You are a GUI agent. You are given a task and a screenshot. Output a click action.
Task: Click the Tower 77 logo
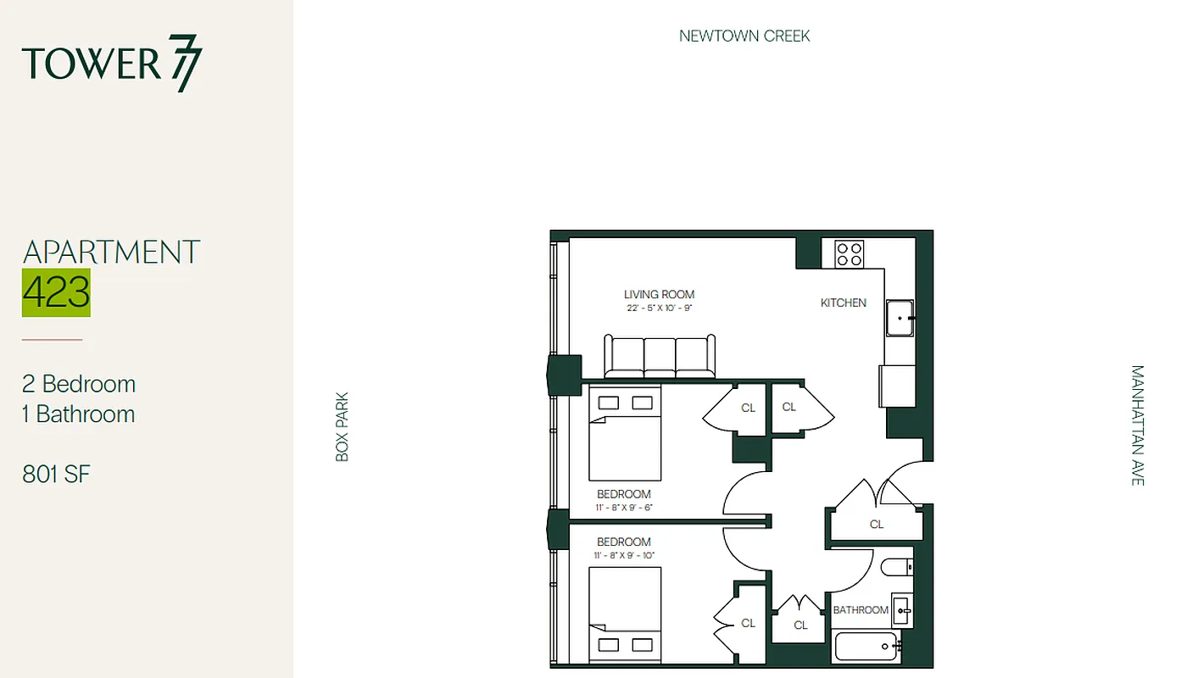[x=112, y=64]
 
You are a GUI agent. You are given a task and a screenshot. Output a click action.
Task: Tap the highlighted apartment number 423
[x=56, y=292]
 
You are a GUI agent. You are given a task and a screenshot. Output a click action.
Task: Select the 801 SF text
[x=56, y=475]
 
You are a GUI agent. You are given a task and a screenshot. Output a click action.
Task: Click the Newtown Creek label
[x=744, y=36]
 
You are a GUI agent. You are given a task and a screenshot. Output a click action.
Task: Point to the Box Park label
[x=343, y=426]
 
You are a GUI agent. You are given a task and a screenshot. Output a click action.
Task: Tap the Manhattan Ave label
[x=1137, y=425]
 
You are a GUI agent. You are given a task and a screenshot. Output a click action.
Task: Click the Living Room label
[x=659, y=295]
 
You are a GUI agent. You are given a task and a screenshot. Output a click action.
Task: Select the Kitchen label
[x=843, y=303]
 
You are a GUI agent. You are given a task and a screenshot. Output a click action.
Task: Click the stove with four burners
[x=849, y=254]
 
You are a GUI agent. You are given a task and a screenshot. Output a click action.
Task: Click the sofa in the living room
[x=660, y=357]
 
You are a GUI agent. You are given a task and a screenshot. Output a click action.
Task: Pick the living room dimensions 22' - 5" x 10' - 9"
[x=659, y=308]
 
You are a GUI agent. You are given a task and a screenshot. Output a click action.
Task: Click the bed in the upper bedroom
[x=625, y=432]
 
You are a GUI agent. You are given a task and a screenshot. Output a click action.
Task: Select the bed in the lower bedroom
[x=625, y=615]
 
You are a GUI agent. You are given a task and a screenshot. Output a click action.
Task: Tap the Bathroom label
[x=861, y=610]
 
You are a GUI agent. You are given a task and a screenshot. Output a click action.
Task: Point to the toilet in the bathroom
[x=896, y=567]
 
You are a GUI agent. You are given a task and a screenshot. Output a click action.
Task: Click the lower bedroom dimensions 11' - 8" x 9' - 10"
[x=624, y=556]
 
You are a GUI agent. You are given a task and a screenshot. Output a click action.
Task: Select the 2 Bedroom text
[x=79, y=384]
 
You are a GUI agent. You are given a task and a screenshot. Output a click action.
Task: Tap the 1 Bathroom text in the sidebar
[x=79, y=414]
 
